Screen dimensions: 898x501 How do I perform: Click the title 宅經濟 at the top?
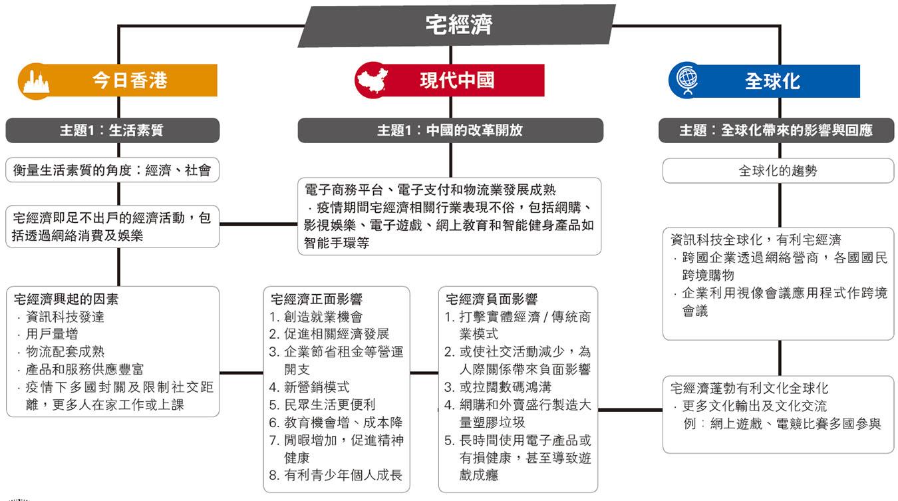pyautogui.click(x=459, y=25)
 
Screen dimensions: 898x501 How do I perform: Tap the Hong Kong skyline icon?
pyautogui.click(x=36, y=83)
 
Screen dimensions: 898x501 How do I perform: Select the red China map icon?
pyautogui.click(x=373, y=81)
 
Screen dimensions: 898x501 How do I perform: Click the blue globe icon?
pyautogui.click(x=687, y=81)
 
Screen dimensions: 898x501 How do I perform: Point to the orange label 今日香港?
pyautogui.click(x=130, y=81)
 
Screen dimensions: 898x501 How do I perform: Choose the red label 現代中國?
pyautogui.click(x=457, y=81)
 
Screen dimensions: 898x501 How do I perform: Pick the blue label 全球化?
pyautogui.click(x=772, y=81)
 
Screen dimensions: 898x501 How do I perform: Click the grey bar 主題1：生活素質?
pyautogui.click(x=112, y=130)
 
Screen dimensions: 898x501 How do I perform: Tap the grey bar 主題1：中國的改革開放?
pyautogui.click(x=450, y=130)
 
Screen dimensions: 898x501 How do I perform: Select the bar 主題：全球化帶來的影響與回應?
pyautogui.click(x=776, y=130)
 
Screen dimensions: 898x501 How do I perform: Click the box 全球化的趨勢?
pyautogui.click(x=778, y=171)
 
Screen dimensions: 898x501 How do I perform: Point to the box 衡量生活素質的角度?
pyautogui.click(x=112, y=170)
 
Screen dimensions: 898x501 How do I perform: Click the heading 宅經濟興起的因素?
pyautogui.click(x=66, y=299)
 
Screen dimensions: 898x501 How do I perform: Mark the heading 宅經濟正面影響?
pyautogui.click(x=317, y=299)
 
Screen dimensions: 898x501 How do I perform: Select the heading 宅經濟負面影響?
pyautogui.click(x=492, y=299)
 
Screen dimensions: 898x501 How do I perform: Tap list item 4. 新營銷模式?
pyautogui.click(x=309, y=387)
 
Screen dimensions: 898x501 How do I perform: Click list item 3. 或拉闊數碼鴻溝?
pyautogui.click(x=498, y=387)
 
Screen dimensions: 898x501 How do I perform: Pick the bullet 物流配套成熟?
pyautogui.click(x=61, y=352)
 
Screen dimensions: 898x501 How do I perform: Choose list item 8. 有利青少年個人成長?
pyautogui.click(x=335, y=475)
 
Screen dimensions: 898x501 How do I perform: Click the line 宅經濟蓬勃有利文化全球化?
pyautogui.click(x=749, y=389)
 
